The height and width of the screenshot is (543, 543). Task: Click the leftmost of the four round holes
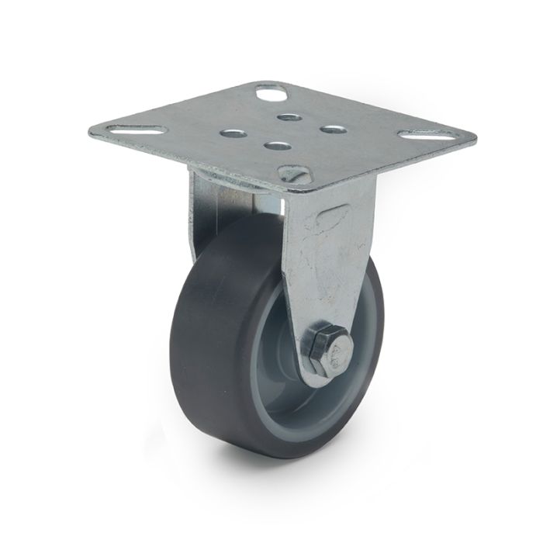(x=232, y=133)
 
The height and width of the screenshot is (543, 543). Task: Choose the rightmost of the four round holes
(x=333, y=129)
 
